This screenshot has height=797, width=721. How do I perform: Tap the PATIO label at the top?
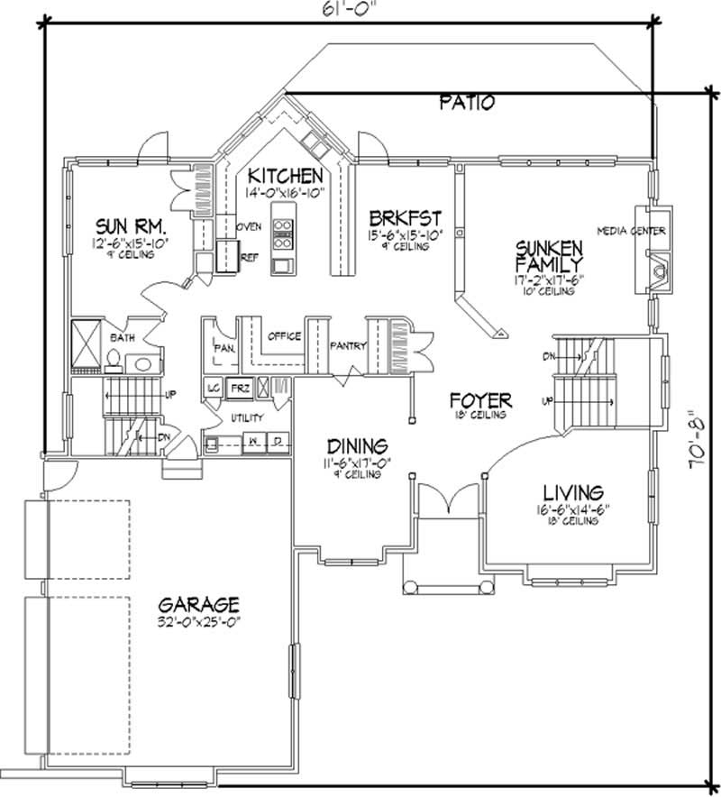(x=467, y=102)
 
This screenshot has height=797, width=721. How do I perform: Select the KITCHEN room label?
(x=286, y=175)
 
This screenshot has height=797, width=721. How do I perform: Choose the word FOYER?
(x=481, y=398)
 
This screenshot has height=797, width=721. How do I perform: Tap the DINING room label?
(x=357, y=445)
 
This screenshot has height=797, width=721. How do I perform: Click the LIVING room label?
(x=572, y=492)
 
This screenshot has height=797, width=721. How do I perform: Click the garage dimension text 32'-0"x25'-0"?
(x=198, y=621)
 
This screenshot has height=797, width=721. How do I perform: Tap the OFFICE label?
(x=283, y=336)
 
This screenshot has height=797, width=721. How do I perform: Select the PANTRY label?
(x=347, y=345)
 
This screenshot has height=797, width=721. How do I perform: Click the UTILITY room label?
(x=247, y=418)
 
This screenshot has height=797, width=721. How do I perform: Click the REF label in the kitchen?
(x=249, y=257)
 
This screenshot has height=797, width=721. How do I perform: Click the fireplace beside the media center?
(x=658, y=270)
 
